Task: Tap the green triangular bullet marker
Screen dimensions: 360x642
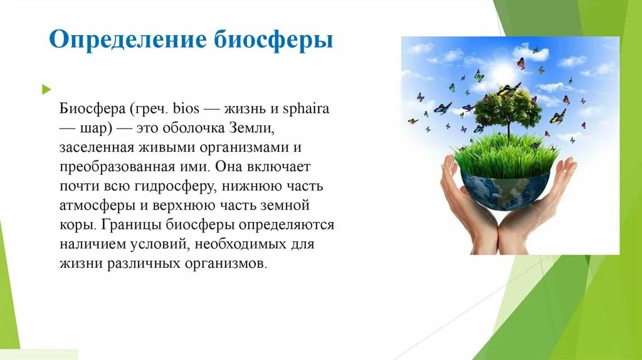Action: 45,90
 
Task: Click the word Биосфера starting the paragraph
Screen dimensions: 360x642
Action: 92,109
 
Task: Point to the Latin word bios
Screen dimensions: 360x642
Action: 186,109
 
